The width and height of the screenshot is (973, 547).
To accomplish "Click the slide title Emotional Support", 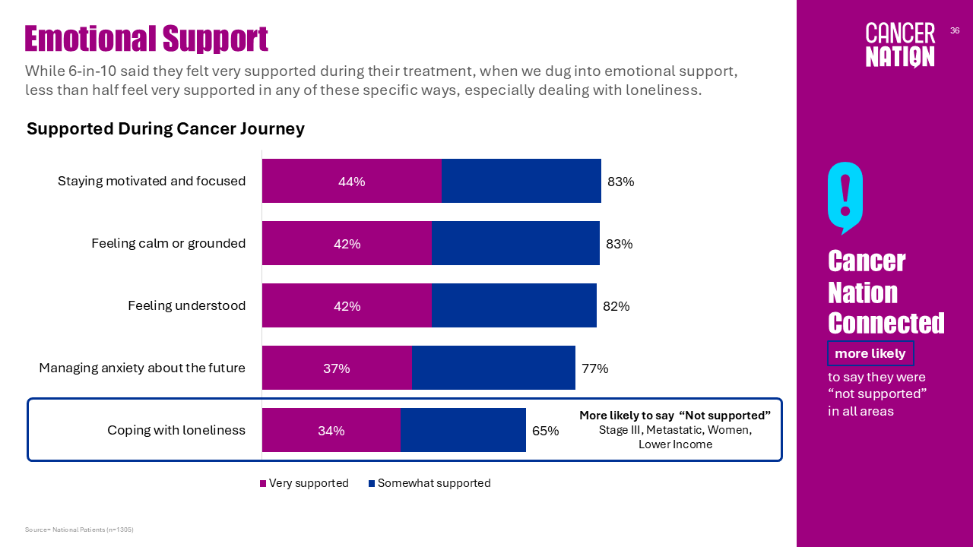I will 146,39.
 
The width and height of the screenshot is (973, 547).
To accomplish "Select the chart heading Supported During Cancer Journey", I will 166,128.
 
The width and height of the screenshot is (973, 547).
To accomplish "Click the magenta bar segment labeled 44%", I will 352,182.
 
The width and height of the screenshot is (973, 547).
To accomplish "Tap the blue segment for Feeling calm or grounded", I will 515,244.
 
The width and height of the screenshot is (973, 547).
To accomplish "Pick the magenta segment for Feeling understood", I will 347,306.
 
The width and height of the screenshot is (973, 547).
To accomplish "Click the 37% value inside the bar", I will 337,368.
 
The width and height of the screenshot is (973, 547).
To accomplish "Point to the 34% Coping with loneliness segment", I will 331,431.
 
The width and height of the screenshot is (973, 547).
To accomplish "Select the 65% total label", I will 545,431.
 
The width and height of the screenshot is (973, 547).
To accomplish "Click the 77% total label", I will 594,368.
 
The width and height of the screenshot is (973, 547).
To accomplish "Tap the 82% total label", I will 616,306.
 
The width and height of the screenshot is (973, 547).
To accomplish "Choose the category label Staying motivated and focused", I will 151,182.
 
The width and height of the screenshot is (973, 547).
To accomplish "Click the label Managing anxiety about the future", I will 142,368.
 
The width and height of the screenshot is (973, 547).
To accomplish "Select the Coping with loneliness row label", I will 176,431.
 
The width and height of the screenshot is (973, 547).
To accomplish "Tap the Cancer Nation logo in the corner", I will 900,45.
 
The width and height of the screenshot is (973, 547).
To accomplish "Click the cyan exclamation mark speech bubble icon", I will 845,197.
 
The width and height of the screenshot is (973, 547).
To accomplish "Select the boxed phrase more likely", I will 870,353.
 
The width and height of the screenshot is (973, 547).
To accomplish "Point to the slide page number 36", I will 955,30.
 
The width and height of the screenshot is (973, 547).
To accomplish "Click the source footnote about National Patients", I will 79,530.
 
